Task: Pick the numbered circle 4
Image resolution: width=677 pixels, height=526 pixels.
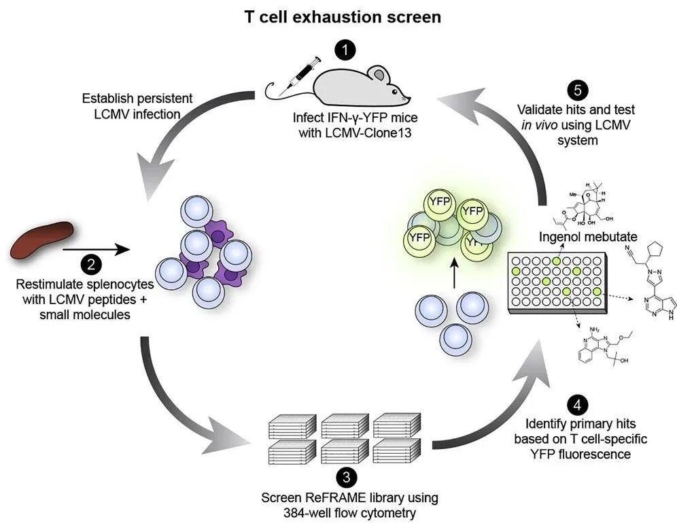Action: pos(576,406)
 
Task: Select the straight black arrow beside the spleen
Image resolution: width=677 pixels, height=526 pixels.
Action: pos(95,250)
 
